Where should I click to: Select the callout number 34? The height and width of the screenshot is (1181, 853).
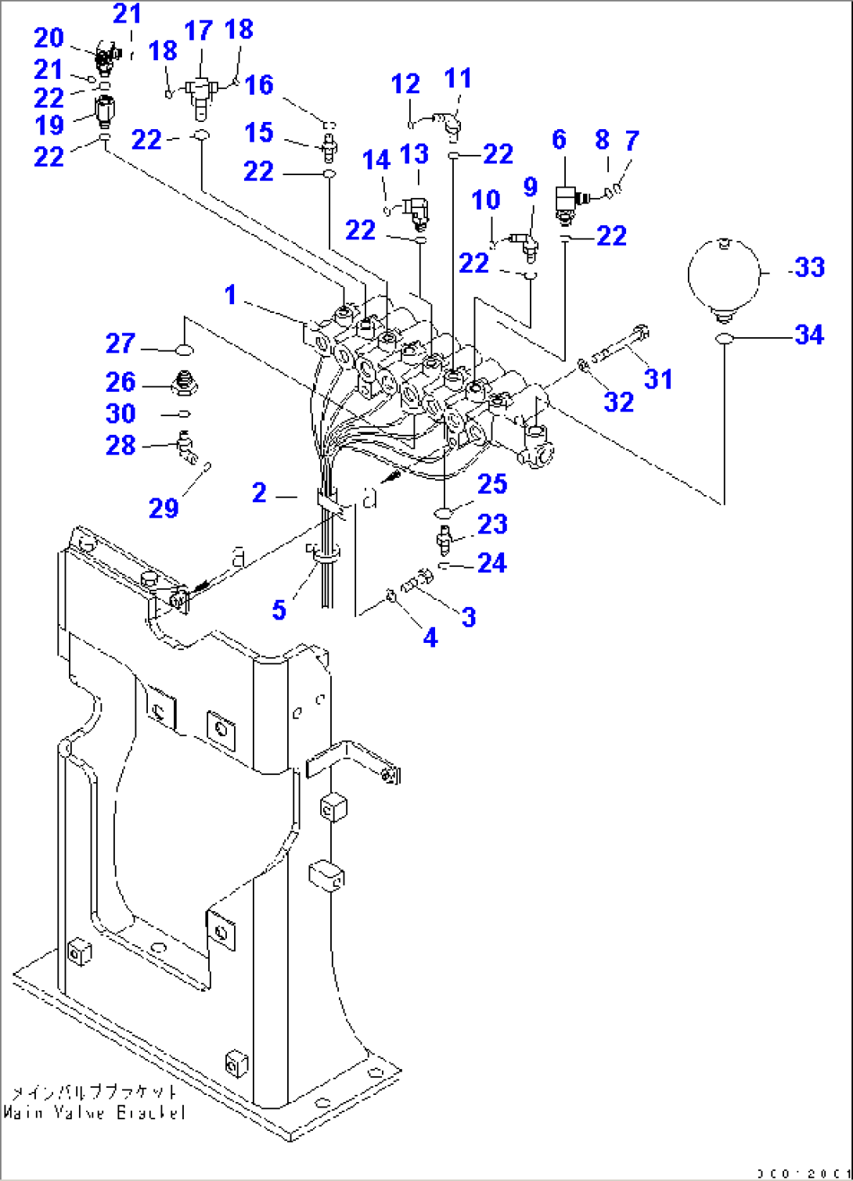809,335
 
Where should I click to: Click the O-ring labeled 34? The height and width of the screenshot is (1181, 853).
724,339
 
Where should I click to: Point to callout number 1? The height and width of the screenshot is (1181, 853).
230,295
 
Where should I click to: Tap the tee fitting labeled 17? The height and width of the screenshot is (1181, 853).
200,92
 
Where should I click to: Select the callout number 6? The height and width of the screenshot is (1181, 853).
559,139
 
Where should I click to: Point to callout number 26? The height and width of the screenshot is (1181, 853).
121,382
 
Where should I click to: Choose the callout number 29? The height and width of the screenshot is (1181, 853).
164,508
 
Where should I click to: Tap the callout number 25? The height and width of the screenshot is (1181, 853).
492,483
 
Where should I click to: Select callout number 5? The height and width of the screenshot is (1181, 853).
279,609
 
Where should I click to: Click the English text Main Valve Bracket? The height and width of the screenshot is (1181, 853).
94,1112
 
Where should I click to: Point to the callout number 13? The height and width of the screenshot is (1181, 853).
415,154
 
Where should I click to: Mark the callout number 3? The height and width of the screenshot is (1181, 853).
468,616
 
